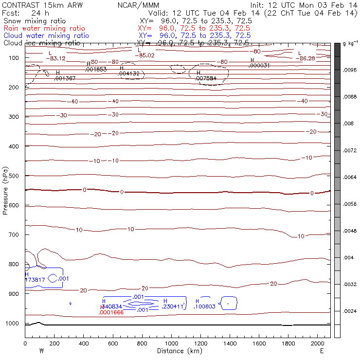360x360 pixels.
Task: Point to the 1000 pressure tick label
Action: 13,324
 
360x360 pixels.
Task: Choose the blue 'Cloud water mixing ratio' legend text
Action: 46,36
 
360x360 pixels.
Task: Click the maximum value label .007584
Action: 205,78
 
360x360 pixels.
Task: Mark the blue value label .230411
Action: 173,306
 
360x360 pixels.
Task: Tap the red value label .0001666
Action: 111,312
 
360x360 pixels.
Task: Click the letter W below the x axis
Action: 41,351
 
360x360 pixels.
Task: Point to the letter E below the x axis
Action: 322,351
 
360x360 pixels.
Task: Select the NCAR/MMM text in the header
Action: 138,5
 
